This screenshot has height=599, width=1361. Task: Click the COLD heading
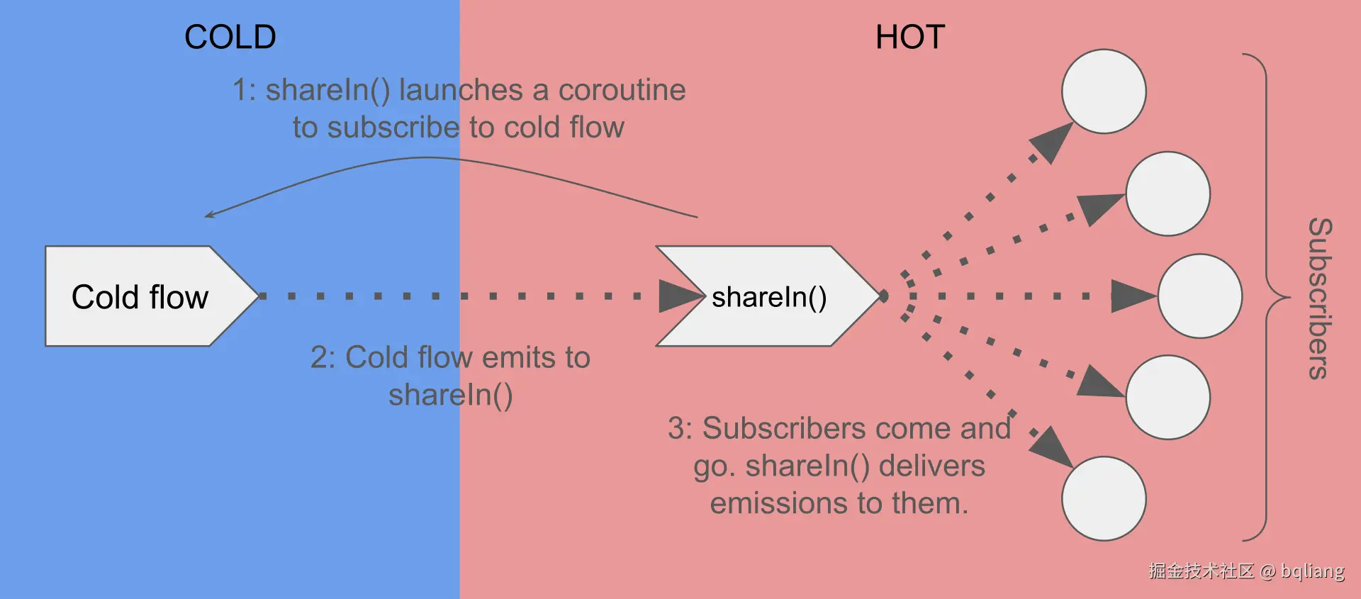point(230,37)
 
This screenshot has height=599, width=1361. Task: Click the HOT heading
point(910,37)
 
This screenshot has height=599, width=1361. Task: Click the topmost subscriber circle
point(1104,91)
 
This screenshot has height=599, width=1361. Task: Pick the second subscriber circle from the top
point(1167,194)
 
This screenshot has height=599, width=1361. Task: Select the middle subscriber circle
point(1199,296)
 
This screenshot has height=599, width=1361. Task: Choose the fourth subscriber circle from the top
point(1167,397)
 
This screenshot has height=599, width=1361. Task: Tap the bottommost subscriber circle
point(1104,498)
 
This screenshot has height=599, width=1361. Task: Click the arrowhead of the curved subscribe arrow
point(209,214)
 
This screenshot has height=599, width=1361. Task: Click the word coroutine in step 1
point(622,90)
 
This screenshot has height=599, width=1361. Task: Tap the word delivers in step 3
point(931,466)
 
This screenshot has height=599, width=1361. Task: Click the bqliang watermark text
point(1312,571)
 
